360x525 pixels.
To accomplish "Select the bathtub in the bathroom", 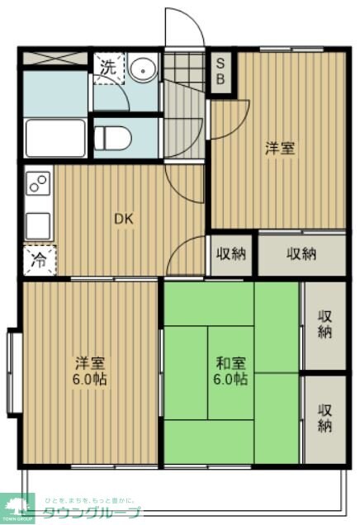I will [54, 138].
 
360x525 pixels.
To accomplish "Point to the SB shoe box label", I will [222, 73].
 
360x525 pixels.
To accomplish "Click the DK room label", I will [123, 219].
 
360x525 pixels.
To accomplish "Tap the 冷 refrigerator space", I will [39, 258].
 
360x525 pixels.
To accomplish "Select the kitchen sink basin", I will [38, 224].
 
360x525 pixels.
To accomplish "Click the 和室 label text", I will [230, 363].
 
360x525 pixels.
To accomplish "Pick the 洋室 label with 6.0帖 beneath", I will [89, 363].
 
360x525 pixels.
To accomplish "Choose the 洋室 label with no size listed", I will [279, 149].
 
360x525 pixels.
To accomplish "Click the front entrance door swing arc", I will [184, 29].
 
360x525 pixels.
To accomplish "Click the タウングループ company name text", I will [92, 513].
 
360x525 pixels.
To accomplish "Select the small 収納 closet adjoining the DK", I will [230, 253].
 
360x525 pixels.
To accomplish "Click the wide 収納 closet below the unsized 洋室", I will [301, 253].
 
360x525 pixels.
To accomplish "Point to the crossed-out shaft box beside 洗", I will [54, 59].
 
